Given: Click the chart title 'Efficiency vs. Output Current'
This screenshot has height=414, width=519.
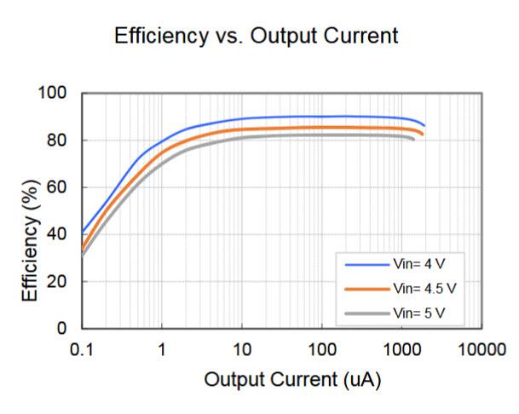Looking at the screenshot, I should point(257,36).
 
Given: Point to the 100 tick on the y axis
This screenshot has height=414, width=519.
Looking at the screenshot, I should point(57,93).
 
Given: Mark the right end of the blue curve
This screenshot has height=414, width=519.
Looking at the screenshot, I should point(424,126).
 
